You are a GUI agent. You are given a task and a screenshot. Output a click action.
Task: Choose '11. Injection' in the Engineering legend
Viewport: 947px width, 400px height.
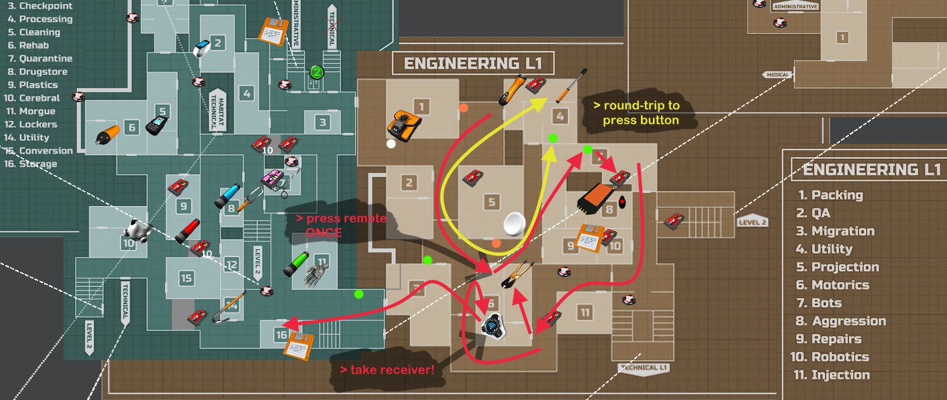pos(831,375)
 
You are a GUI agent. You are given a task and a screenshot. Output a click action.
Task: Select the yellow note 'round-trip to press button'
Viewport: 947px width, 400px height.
pos(640,113)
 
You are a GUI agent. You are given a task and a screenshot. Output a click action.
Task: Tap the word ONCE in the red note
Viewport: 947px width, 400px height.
pos(323,233)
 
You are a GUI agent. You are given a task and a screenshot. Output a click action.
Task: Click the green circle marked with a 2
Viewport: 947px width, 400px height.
pos(317,71)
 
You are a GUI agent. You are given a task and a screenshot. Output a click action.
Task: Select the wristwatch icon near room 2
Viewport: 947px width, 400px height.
pos(202,48)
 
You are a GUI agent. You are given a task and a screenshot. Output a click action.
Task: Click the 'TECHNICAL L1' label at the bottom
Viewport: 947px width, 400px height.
pos(644,368)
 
